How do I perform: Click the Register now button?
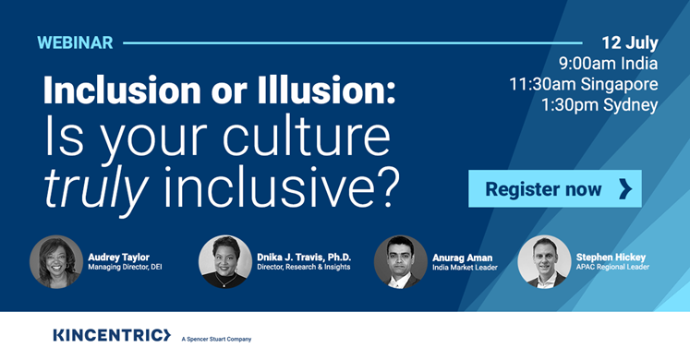[x=554, y=189]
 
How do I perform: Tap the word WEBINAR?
[x=75, y=42]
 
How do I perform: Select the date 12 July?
[x=630, y=42]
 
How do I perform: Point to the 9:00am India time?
[x=608, y=64]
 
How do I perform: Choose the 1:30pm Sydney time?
[x=599, y=104]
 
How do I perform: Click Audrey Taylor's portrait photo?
[x=56, y=261]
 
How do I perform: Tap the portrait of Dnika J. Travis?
[x=225, y=261]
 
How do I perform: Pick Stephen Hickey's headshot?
[x=544, y=261]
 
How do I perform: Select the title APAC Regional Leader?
[x=612, y=268]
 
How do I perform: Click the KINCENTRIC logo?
[x=112, y=334]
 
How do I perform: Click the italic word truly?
[x=96, y=185]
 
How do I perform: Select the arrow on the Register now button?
[x=624, y=189]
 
